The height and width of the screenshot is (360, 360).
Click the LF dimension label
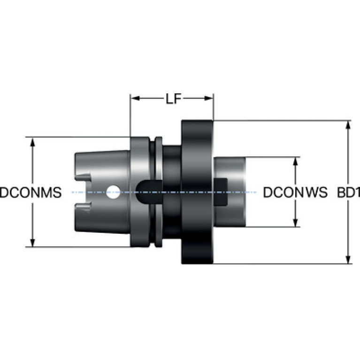coord(174,99)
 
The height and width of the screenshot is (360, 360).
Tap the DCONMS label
coord(31,192)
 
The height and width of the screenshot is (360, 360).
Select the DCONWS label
coord(295,192)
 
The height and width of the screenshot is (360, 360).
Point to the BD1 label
coord(349,192)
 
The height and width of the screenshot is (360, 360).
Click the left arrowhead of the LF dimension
coord(135,98)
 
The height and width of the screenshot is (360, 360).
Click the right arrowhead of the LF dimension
coord(209,98)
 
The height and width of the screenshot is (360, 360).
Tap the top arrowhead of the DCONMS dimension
coord(32,142)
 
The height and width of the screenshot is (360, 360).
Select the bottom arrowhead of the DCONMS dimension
coord(32,243)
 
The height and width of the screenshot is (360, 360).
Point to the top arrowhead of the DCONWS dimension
coord(296,161)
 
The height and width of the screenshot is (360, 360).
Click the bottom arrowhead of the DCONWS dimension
coord(296,222)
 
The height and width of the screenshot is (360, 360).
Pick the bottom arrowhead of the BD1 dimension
coord(348,259)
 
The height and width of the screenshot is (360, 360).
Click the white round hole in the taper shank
coord(113,192)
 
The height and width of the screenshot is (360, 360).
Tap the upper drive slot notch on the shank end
coord(83,178)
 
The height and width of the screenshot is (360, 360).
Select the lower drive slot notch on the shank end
coord(83,206)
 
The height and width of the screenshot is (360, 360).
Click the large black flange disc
coord(197,192)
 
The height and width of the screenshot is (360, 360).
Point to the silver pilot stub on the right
coord(230,192)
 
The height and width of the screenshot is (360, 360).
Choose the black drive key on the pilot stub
coord(221,192)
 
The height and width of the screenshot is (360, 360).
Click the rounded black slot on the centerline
coord(149,192)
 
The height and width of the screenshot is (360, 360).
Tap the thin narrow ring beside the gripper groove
coord(159,192)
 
